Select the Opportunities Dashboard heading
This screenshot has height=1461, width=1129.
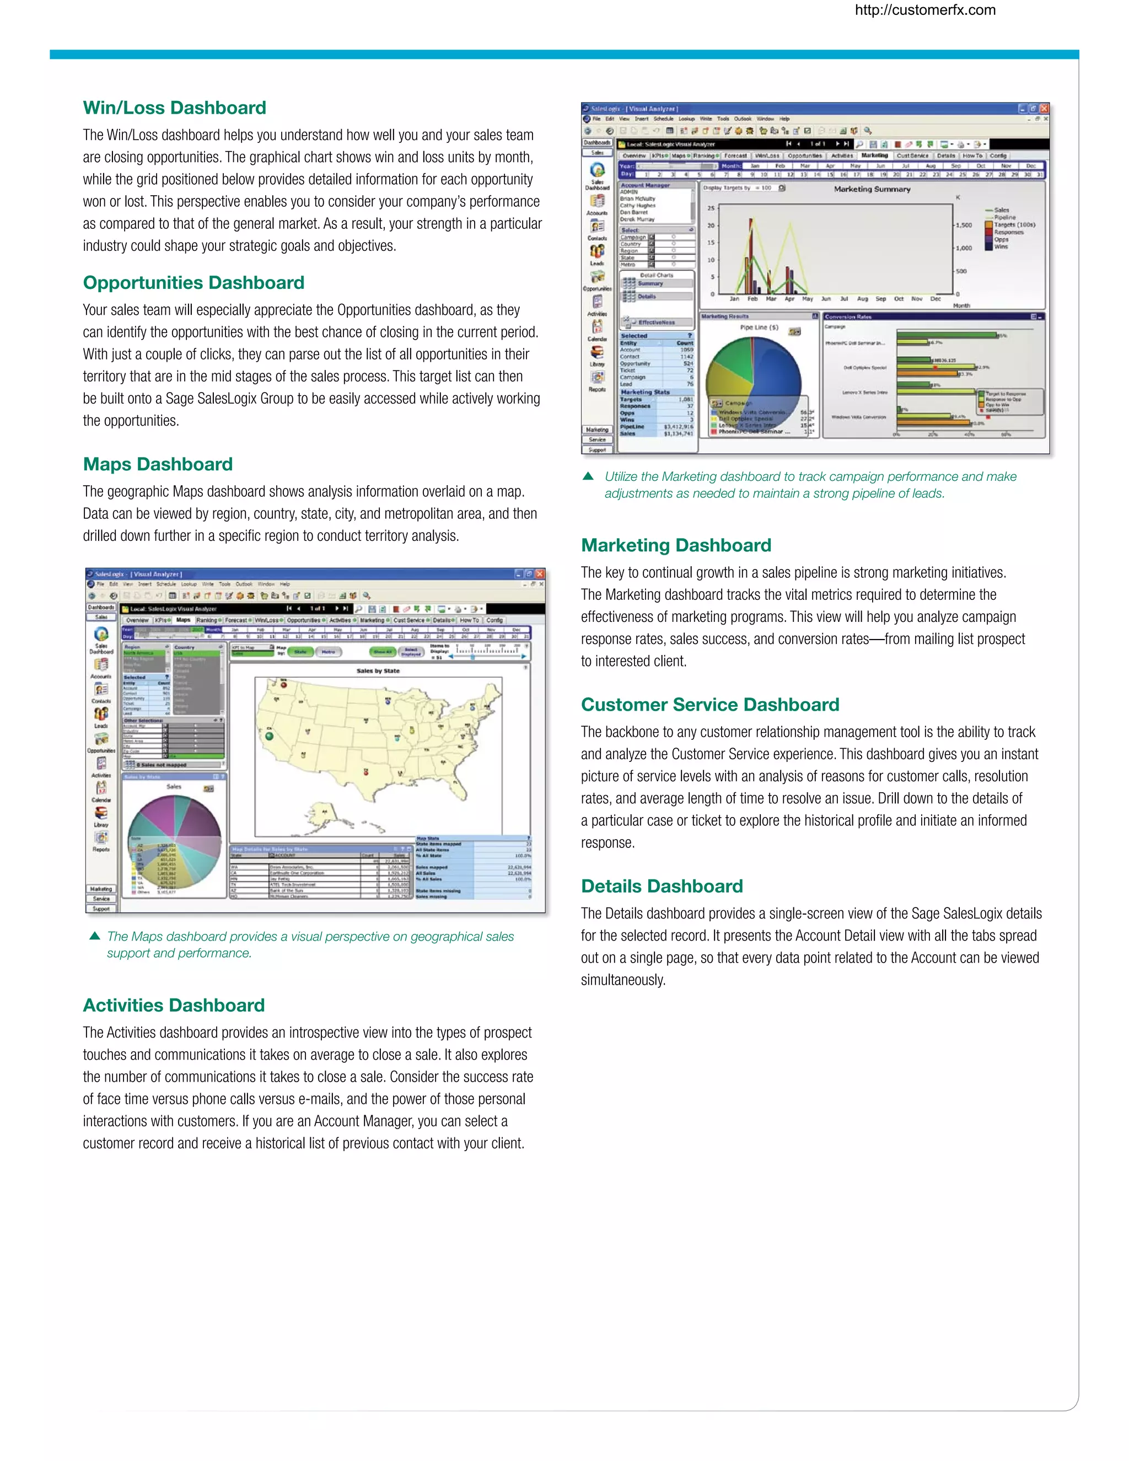coord(193,282)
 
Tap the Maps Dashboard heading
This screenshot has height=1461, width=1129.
coord(158,464)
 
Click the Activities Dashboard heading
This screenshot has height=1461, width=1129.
coord(174,1006)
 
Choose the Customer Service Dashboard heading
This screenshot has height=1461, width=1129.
coord(709,705)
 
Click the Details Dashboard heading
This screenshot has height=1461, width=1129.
coord(662,887)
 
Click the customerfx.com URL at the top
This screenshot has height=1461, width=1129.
coord(925,10)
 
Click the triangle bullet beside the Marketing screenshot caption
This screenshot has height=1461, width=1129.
coord(588,476)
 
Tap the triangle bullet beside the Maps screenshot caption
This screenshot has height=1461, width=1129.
coord(95,936)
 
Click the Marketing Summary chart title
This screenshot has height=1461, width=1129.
coord(872,189)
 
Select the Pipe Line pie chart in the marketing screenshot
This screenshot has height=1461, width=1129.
coord(754,379)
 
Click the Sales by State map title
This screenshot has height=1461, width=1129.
coord(378,670)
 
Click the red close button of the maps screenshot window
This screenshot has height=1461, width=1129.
coord(540,574)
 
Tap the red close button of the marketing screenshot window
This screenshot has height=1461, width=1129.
coord(1044,109)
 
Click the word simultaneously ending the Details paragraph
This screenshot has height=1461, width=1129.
coord(623,980)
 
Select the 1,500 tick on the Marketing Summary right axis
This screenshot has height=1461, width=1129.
coord(964,225)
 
